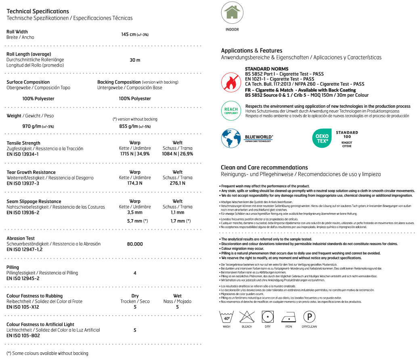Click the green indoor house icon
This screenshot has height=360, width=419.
tap(232, 13)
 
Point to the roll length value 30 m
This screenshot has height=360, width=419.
tap(135, 60)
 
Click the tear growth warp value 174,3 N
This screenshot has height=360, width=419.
tap(135, 183)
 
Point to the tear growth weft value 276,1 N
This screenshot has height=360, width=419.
tap(178, 183)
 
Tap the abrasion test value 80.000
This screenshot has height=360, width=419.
tap(135, 244)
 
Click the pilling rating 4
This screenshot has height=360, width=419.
tap(135, 273)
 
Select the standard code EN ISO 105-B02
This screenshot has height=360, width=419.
tap(23, 335)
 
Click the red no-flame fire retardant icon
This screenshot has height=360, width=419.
tap(231, 82)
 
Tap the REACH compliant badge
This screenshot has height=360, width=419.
tap(231, 111)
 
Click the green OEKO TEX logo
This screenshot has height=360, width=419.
tap(322, 138)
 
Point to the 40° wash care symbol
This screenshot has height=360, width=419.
tap(226, 317)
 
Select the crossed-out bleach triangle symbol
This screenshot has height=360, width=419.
tap(247, 317)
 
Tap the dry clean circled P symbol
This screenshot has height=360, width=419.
tap(309, 317)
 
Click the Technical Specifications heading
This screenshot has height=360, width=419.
tap(38, 11)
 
